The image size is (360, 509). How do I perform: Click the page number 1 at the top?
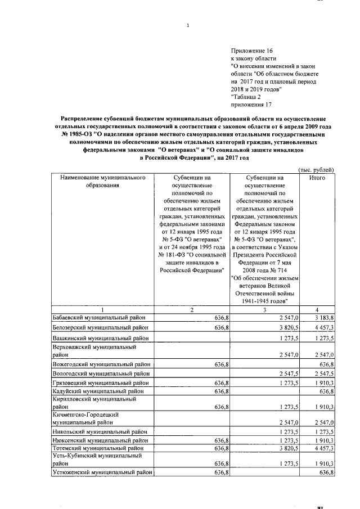[188, 25]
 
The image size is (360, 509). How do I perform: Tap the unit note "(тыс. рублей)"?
[316, 170]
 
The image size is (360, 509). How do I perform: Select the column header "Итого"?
[318, 178]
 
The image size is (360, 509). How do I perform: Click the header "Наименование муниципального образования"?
[103, 182]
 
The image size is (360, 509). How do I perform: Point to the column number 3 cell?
[267, 310]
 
